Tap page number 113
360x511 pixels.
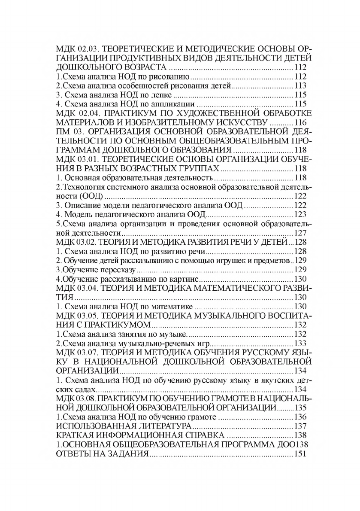299,86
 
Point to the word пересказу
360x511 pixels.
118,270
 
